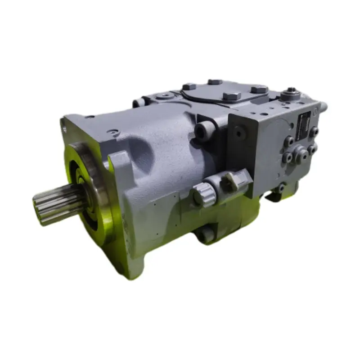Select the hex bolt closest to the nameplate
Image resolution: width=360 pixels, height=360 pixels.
point(314,132)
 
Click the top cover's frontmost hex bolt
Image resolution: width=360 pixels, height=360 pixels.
point(232,96)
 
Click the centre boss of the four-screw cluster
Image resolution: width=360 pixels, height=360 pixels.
point(301,154)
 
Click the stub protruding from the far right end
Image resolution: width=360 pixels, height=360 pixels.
point(324,107)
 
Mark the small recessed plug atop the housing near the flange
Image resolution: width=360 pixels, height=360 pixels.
point(113,133)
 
